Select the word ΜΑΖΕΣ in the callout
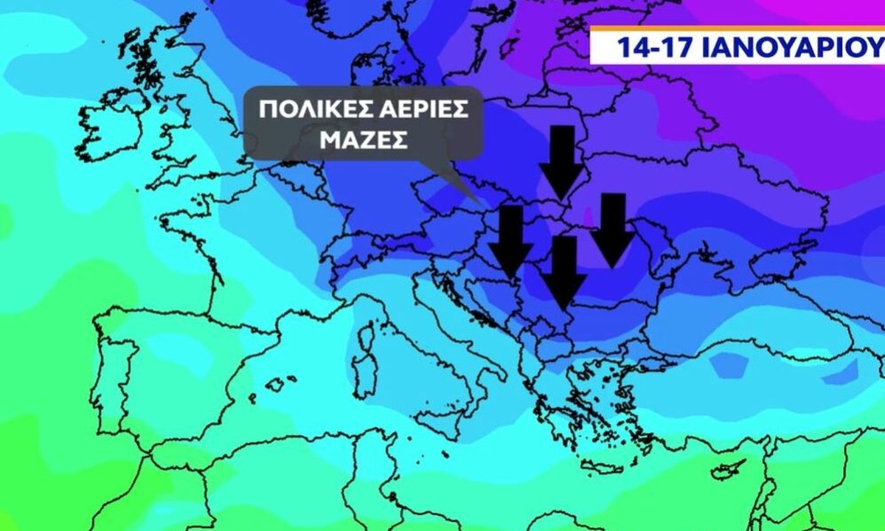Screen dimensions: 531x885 point(363,140)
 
